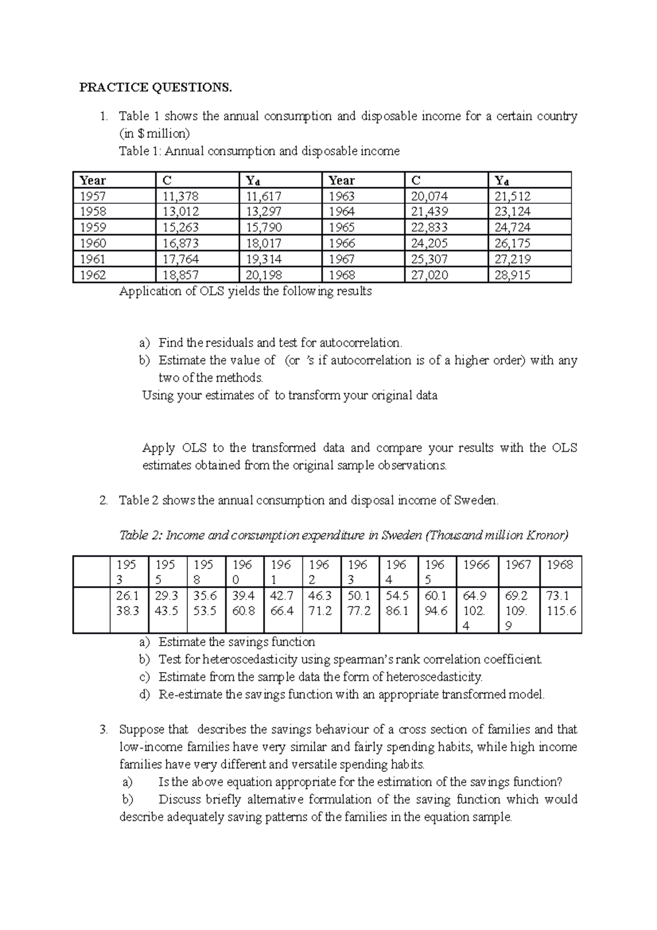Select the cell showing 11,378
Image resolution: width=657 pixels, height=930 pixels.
[x=177, y=196]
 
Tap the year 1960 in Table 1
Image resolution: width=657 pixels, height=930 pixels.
[x=93, y=243]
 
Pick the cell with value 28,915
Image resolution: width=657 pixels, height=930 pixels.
[x=512, y=275]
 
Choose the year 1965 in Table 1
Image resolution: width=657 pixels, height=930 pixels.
[x=342, y=227]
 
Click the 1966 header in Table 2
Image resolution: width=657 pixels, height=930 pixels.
[x=476, y=565]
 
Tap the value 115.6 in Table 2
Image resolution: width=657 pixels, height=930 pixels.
[x=561, y=611]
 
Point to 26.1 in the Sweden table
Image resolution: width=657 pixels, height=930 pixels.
[x=128, y=595]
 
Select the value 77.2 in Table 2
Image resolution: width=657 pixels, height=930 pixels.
[x=359, y=611]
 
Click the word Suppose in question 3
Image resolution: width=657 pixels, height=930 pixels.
[x=138, y=730]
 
